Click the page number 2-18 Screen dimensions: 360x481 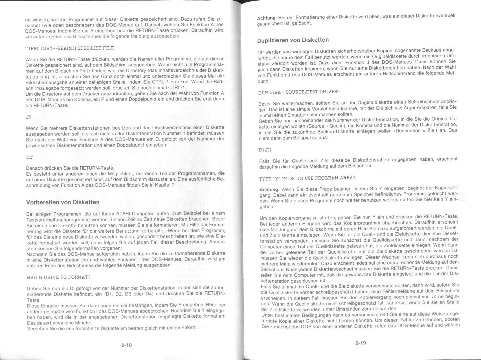coord(126,345)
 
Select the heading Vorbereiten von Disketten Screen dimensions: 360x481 coord(63,202)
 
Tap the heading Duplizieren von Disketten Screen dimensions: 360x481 coord(293,40)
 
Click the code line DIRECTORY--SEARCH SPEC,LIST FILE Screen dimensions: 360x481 coord(69,48)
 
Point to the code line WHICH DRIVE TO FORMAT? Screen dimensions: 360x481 coord(58,277)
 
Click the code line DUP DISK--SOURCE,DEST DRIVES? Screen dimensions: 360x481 coord(299,92)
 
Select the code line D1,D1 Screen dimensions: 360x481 coord(265,150)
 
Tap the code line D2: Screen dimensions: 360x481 coord(30,157)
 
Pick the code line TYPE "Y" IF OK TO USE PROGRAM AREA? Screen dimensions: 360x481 coord(307,178)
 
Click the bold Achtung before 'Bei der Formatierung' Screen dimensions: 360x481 coord(267,18)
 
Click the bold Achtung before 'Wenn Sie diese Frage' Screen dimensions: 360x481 coord(269,189)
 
